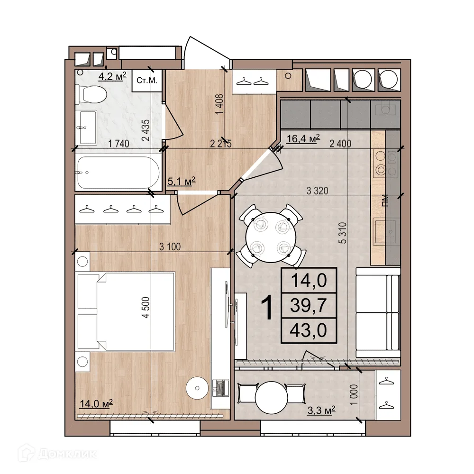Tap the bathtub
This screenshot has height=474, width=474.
click(118, 173)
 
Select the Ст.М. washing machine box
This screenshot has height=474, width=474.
click(147, 81)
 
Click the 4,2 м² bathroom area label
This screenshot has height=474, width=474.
click(112, 76)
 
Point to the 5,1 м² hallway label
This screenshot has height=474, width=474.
click(182, 182)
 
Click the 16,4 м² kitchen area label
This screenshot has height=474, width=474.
click(303, 138)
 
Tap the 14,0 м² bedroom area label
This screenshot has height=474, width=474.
click(96, 403)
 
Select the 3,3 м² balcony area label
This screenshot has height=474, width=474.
click(321, 410)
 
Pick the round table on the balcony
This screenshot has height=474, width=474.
click(271, 397)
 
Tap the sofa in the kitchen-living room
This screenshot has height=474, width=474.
click(378, 312)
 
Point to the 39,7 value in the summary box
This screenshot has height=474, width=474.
click(309, 305)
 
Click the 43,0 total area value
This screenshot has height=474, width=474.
click(309, 330)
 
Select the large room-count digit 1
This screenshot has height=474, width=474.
click(267, 308)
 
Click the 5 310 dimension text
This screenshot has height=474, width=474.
click(342, 233)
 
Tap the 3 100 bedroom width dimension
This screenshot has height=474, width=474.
click(170, 246)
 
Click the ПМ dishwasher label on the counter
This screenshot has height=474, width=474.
click(384, 200)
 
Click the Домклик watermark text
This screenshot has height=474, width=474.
click(67, 454)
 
